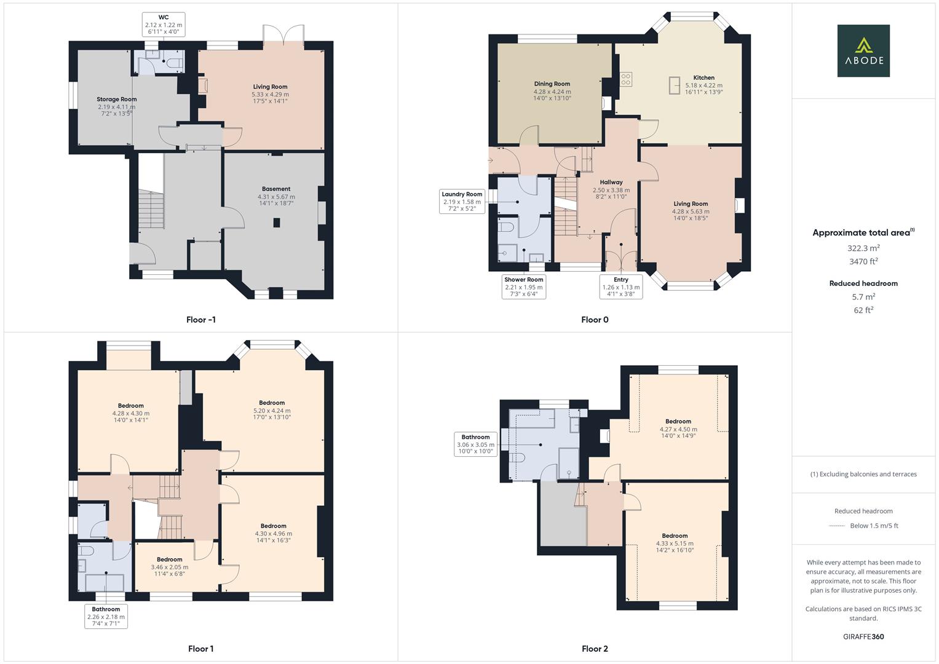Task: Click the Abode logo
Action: pyautogui.click(x=863, y=50)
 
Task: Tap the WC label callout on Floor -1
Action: pyautogui.click(x=163, y=25)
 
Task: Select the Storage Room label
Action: pyautogui.click(x=116, y=106)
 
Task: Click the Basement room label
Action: pyautogui.click(x=276, y=196)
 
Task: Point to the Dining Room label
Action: pyautogui.click(x=552, y=91)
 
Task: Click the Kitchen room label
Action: pyautogui.click(x=703, y=85)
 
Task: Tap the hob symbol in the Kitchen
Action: pyautogui.click(x=625, y=79)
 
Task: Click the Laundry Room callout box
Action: pyautogui.click(x=462, y=202)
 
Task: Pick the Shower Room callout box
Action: pyautogui.click(x=523, y=287)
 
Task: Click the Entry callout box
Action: pyautogui.click(x=620, y=287)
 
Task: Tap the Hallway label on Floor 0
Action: pyautogui.click(x=611, y=189)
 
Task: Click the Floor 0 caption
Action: pyautogui.click(x=595, y=320)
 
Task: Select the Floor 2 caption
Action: pyautogui.click(x=595, y=649)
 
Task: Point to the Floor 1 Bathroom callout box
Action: pyautogui.click(x=106, y=616)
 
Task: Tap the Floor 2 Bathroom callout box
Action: pyautogui.click(x=475, y=445)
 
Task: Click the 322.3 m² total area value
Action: pyautogui.click(x=863, y=248)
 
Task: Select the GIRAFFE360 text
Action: pyautogui.click(x=863, y=637)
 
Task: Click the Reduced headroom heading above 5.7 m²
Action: pyautogui.click(x=863, y=283)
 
